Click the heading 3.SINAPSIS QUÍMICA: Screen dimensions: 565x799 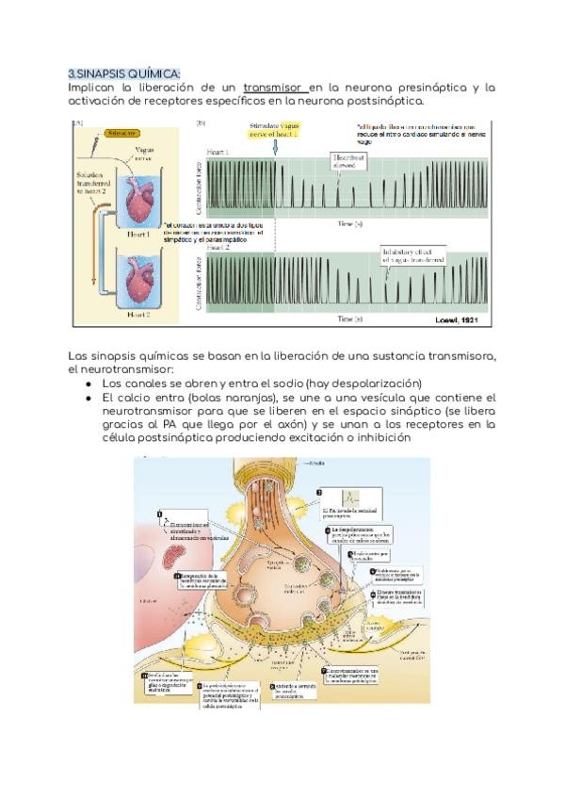point(124,73)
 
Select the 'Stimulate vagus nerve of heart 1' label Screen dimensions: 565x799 point(274,129)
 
